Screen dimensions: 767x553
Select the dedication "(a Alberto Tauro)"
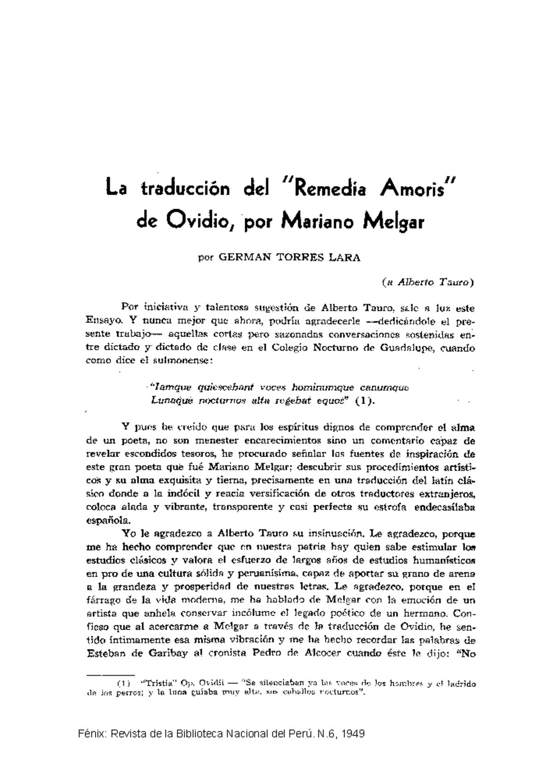[429, 283]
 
